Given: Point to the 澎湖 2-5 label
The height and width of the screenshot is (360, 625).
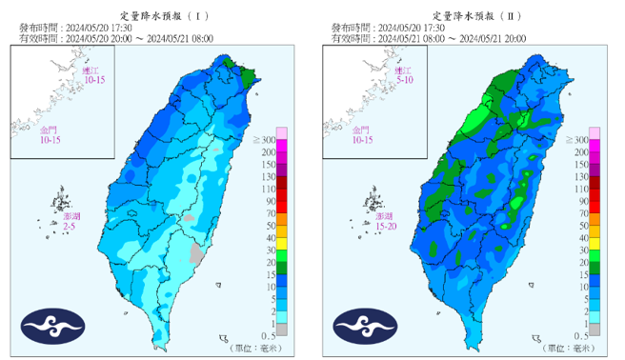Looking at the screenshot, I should tap(71, 223).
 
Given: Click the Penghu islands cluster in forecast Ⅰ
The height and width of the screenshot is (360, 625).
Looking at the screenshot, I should tap(63, 201).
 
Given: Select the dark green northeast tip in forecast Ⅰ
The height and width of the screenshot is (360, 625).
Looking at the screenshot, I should tap(251, 75).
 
